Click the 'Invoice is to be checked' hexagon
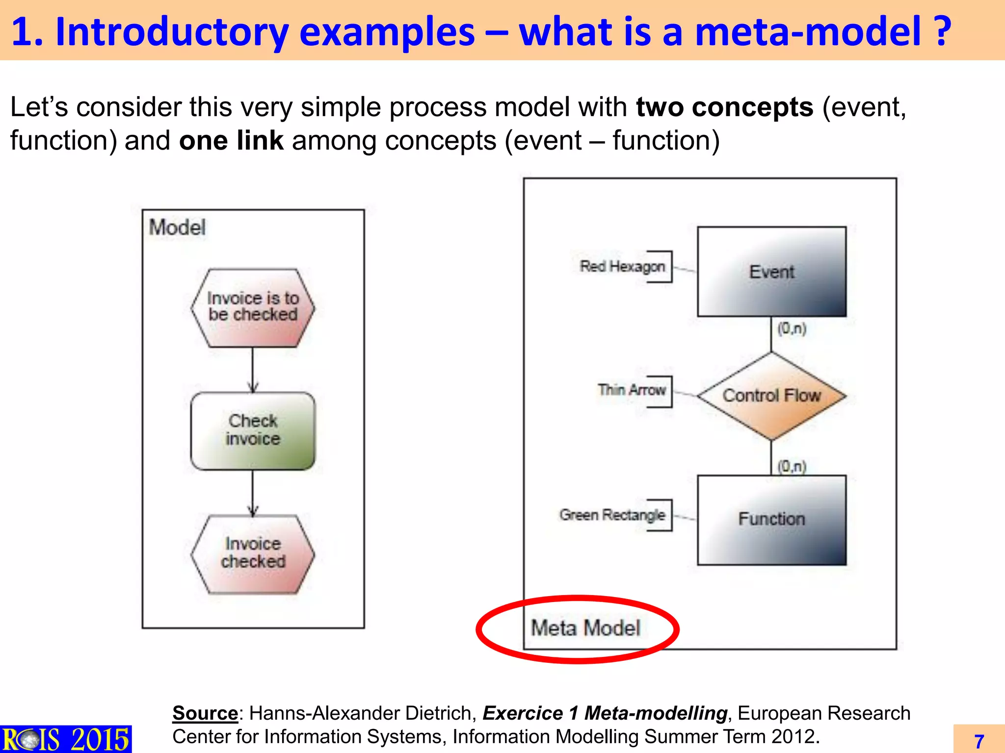pos(253,307)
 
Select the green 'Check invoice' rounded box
pos(253,430)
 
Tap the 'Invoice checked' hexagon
pos(253,553)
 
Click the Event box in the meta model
pos(771,272)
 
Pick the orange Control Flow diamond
pos(771,396)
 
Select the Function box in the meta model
pos(771,520)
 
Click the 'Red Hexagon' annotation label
pos(622,266)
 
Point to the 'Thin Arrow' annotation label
pos(632,390)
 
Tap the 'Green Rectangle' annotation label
pos(612,515)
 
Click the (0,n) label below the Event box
pos(792,328)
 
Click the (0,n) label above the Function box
pos(792,466)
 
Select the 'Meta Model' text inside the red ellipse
pos(585,628)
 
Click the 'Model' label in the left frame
pos(177,227)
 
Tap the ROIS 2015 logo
pos(65,739)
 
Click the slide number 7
pos(979,741)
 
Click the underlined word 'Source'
pos(205,713)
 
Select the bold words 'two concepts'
pos(724,107)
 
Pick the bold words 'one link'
pos(231,141)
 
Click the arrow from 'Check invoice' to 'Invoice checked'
pos(253,493)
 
